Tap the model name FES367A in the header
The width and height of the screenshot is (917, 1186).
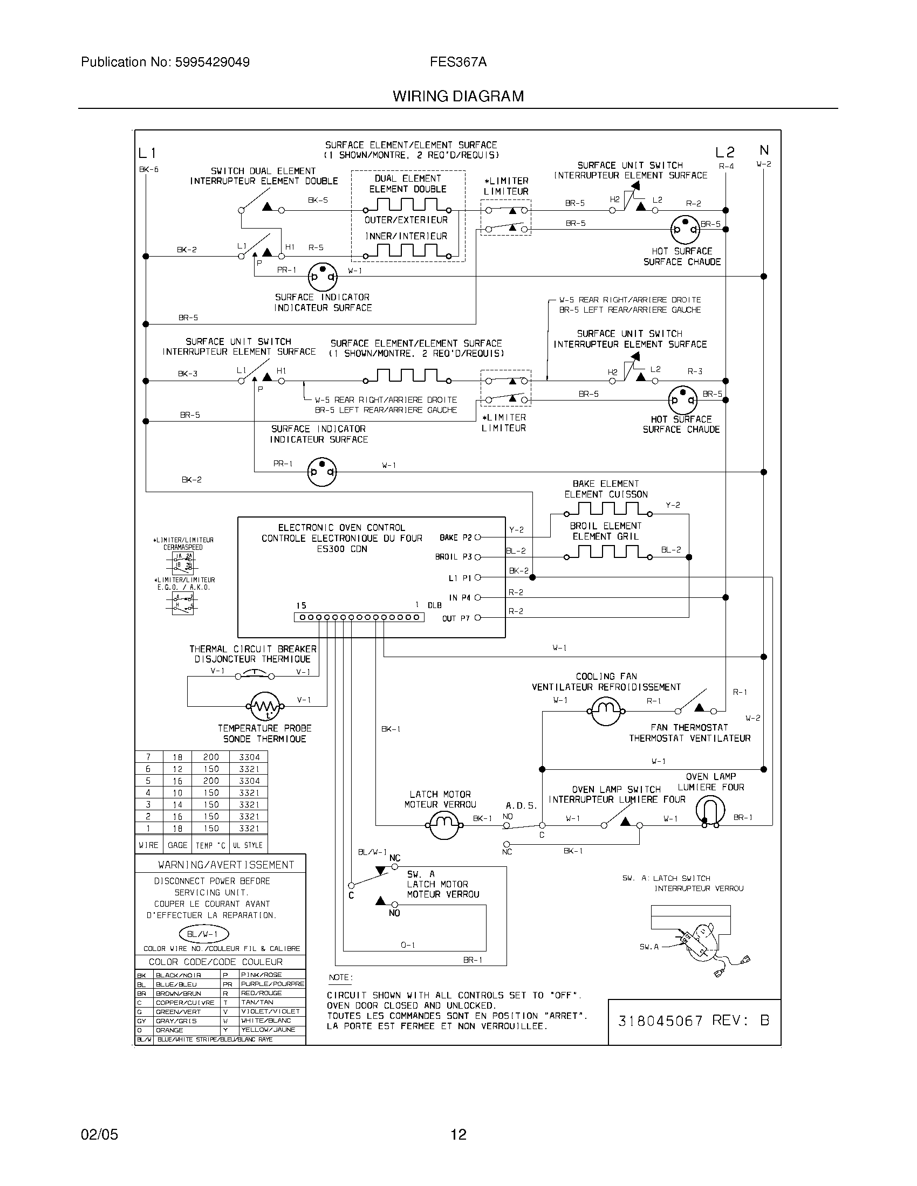458,63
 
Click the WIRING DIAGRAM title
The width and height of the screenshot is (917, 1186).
458,96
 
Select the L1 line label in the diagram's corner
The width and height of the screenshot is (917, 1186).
147,153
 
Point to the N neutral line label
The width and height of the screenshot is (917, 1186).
764,150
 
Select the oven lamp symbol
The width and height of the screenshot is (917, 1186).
710,812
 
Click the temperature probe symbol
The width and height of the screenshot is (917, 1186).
264,706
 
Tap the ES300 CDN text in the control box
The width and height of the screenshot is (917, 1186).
341,549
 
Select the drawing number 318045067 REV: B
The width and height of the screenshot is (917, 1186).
694,1020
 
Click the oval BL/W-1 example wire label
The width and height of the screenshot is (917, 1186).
204,934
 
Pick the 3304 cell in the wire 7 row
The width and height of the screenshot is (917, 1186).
249,757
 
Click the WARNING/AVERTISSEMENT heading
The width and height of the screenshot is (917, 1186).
226,865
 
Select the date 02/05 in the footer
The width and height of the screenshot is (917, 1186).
99,1134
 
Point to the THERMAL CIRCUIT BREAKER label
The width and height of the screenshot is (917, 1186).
252,649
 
